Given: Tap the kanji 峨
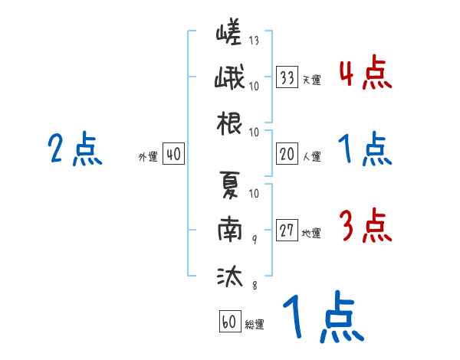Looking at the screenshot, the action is [x=229, y=79].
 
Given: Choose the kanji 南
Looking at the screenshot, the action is [x=229, y=229].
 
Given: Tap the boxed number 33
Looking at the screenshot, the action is [x=287, y=77].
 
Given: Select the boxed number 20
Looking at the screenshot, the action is [x=287, y=154].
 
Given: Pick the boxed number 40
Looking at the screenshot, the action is [x=173, y=154].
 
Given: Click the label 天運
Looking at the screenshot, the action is [x=311, y=80].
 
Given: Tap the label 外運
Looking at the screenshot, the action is [x=148, y=156].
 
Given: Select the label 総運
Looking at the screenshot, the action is [x=255, y=324].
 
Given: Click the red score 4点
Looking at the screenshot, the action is [x=365, y=74].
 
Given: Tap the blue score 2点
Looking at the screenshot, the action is [x=74, y=149].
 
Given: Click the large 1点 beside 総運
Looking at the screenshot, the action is [x=322, y=319].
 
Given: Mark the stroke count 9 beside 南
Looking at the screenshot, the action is [x=254, y=238].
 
